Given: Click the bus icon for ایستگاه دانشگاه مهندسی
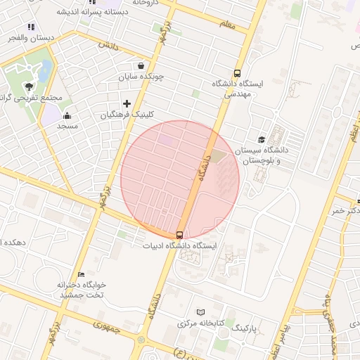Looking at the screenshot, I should point(238,72).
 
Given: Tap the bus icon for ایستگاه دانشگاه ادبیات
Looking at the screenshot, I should point(179,235).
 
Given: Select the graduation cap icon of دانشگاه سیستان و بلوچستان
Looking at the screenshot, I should point(262,140).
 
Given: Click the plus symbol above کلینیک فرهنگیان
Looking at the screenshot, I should point(127,103).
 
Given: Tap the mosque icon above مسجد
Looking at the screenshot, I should point(67,115).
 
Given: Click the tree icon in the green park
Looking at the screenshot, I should point(29,86).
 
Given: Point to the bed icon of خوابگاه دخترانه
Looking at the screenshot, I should point(82,274).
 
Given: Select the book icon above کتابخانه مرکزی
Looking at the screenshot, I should point(202,312).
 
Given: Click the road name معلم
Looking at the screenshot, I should point(226,25).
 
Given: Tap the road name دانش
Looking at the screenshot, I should point(108,44).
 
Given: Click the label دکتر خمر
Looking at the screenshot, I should point(347,211).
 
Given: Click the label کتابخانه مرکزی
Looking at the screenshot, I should point(201,323).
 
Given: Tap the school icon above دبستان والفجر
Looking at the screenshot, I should point(30,27).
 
